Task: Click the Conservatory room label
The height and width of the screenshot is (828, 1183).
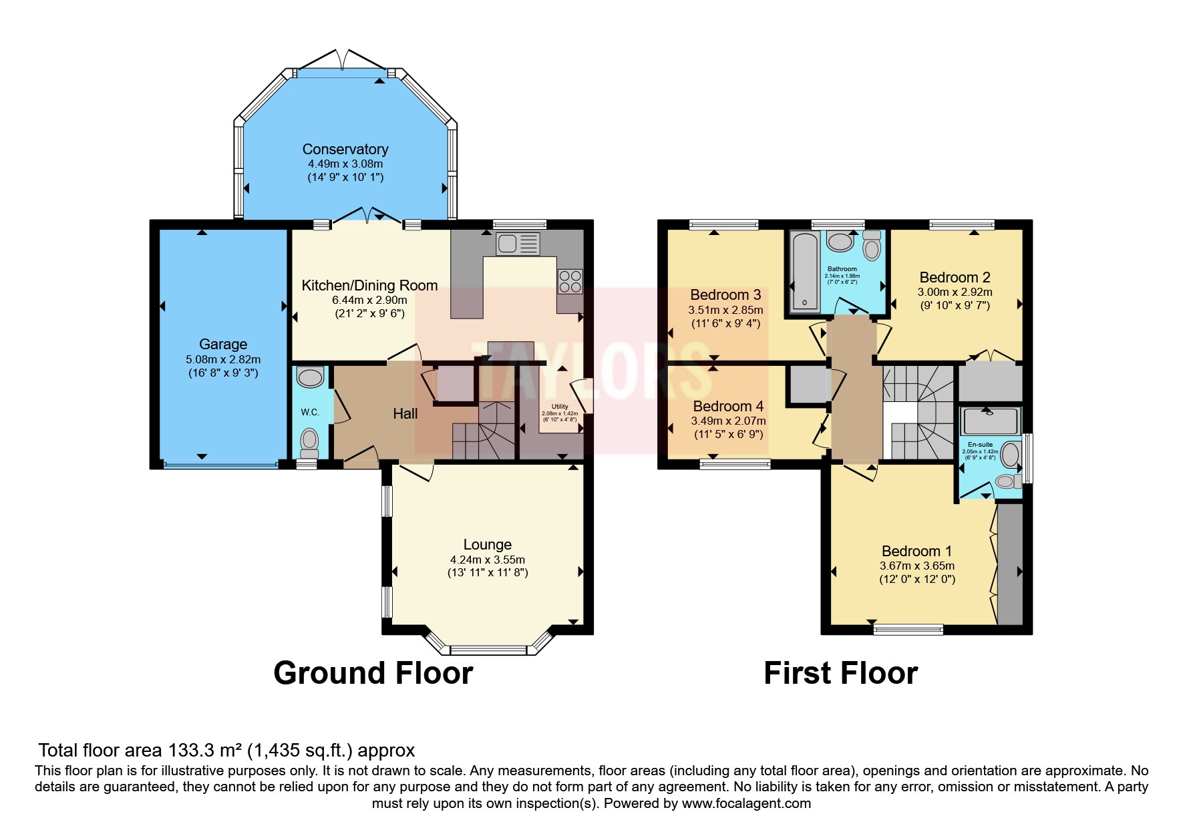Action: pyautogui.click(x=345, y=149)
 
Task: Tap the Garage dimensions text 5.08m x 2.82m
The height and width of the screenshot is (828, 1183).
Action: pyautogui.click(x=223, y=359)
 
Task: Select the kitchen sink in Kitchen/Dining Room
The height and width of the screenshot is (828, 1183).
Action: pyautogui.click(x=518, y=244)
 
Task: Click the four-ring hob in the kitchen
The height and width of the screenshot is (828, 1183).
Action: pyautogui.click(x=570, y=280)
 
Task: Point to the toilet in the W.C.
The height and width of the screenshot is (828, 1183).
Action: pyautogui.click(x=309, y=441)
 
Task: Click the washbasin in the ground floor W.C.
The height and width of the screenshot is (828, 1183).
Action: pyautogui.click(x=309, y=378)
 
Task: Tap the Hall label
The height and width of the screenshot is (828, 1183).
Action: pyautogui.click(x=405, y=414)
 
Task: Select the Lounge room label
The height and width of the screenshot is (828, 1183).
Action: pyautogui.click(x=487, y=544)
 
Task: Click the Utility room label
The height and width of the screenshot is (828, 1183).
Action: pyautogui.click(x=560, y=407)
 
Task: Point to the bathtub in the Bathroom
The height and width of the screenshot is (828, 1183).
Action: pyautogui.click(x=804, y=272)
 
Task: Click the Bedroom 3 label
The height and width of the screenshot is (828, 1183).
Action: pyautogui.click(x=725, y=294)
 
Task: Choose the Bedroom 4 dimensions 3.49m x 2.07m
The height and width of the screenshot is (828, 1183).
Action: pyautogui.click(x=728, y=421)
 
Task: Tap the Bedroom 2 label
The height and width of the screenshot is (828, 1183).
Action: pyautogui.click(x=955, y=277)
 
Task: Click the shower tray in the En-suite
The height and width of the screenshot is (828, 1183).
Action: pyautogui.click(x=991, y=421)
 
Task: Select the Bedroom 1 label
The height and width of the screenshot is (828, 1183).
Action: pyautogui.click(x=916, y=551)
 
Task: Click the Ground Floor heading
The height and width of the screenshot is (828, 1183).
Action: pyautogui.click(x=373, y=673)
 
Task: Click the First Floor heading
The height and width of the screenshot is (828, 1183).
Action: pyautogui.click(x=840, y=673)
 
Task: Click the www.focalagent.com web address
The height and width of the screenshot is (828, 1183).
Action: pyautogui.click(x=746, y=803)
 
